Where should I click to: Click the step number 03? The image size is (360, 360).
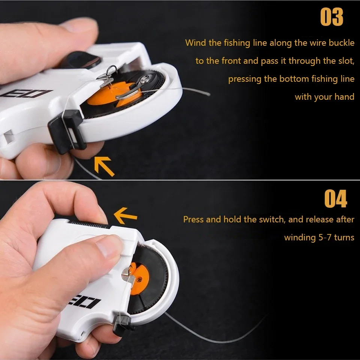point(331,16)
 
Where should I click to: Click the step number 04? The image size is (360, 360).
point(336,199)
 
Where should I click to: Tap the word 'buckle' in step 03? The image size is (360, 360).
point(341,43)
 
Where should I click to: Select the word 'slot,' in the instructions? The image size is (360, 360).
point(346,61)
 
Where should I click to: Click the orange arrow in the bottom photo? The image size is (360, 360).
point(125,216)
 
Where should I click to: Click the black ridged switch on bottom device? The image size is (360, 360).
point(90,224)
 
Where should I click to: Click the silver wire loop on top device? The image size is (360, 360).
point(112,70)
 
